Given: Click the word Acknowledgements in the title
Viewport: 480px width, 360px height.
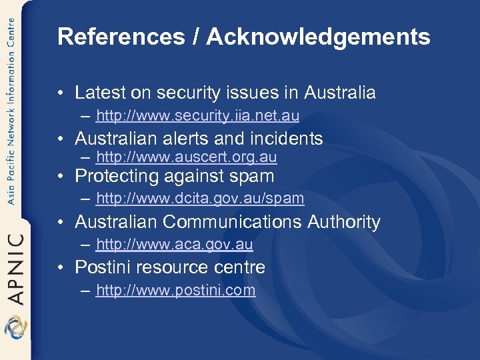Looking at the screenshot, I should point(318,37).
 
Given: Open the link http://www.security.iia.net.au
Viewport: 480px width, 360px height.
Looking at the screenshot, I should point(197,116).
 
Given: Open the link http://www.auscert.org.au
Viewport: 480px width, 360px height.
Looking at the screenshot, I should point(186,157).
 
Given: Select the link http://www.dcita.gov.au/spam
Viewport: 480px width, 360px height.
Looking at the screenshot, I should point(200,198).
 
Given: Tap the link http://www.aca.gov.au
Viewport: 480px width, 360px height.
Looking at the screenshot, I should point(174,244).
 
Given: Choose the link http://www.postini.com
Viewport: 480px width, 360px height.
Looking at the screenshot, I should point(175,290).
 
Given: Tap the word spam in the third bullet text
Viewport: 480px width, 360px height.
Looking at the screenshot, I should point(253,177).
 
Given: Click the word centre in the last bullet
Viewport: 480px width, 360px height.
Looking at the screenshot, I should point(240,267).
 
